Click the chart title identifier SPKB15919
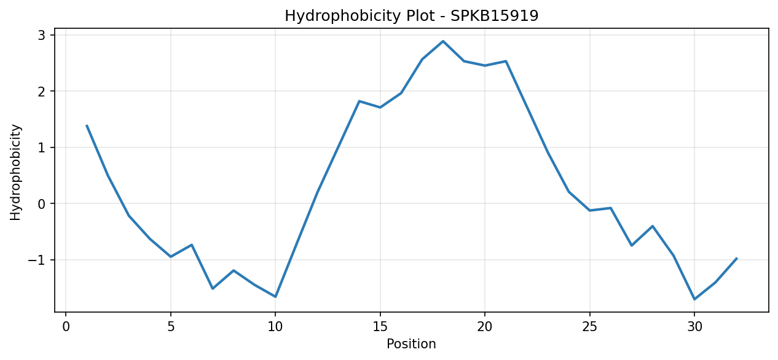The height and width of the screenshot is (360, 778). point(494,16)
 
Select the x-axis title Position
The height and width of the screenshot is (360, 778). point(411,343)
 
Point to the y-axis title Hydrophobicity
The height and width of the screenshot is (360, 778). point(16,172)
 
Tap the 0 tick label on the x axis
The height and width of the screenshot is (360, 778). point(66,327)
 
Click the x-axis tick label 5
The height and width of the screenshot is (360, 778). point(171,327)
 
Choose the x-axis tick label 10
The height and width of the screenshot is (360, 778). point(275,327)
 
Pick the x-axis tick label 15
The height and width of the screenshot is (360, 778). point(380,327)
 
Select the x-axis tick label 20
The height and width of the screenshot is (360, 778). point(485,327)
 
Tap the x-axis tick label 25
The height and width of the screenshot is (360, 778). point(589,327)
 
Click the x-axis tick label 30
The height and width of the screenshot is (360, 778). point(694,327)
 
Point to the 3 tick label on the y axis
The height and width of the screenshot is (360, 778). point(42,35)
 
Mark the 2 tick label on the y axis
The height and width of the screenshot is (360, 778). point(42,92)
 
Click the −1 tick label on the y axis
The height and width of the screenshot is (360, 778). point(37,260)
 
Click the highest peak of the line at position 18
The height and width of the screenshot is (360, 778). point(443,41)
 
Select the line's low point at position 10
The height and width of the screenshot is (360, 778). point(275,297)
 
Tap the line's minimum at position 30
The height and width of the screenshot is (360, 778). point(694,299)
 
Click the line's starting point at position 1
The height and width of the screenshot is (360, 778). point(87,125)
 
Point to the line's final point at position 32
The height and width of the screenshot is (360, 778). point(736,258)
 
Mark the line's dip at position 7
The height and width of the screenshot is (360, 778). point(212,289)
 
